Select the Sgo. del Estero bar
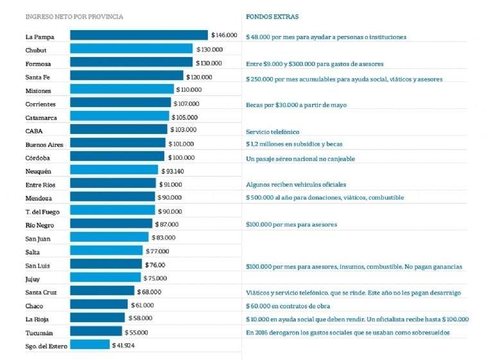(x=90, y=345)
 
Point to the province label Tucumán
(x=40, y=332)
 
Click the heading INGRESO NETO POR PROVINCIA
(x=74, y=17)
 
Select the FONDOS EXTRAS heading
(x=272, y=17)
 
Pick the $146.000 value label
(x=225, y=35)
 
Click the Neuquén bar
(x=114, y=171)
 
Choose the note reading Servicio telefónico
(x=272, y=132)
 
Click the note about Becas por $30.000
(x=296, y=105)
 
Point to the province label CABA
(x=34, y=131)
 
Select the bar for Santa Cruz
(x=102, y=291)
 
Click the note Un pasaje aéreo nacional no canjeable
(x=300, y=158)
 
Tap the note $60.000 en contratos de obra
(x=286, y=305)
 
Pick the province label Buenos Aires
(x=44, y=144)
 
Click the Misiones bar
(x=121, y=89)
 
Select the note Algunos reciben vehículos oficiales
(x=296, y=184)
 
